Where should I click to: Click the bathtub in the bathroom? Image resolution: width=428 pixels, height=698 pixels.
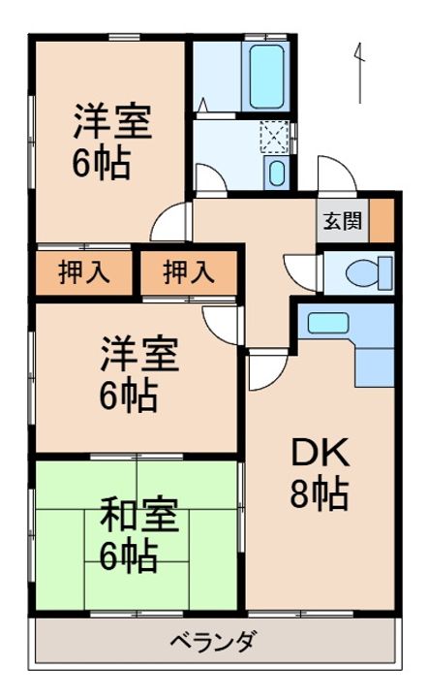(266, 77)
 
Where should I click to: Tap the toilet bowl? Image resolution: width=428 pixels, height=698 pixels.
(369, 272)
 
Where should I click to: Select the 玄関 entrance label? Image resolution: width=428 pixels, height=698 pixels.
(342, 221)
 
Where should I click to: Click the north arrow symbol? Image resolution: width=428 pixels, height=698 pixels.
(359, 73)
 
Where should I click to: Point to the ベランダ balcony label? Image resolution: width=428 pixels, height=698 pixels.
(214, 642)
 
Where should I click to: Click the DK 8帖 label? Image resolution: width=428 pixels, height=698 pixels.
(320, 474)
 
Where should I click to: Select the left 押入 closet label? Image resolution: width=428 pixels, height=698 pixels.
(84, 272)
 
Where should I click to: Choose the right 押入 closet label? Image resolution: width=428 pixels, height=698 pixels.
(189, 272)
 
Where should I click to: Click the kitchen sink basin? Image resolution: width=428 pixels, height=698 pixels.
(327, 323)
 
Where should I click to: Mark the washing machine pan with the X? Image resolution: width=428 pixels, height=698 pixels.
(275, 136)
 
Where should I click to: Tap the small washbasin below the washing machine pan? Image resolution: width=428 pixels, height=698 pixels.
(277, 173)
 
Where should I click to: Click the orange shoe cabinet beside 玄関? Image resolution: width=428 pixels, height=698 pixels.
(382, 220)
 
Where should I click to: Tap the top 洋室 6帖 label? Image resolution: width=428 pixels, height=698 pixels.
(112, 142)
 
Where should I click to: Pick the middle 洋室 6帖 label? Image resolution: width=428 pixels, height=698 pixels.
(139, 374)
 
